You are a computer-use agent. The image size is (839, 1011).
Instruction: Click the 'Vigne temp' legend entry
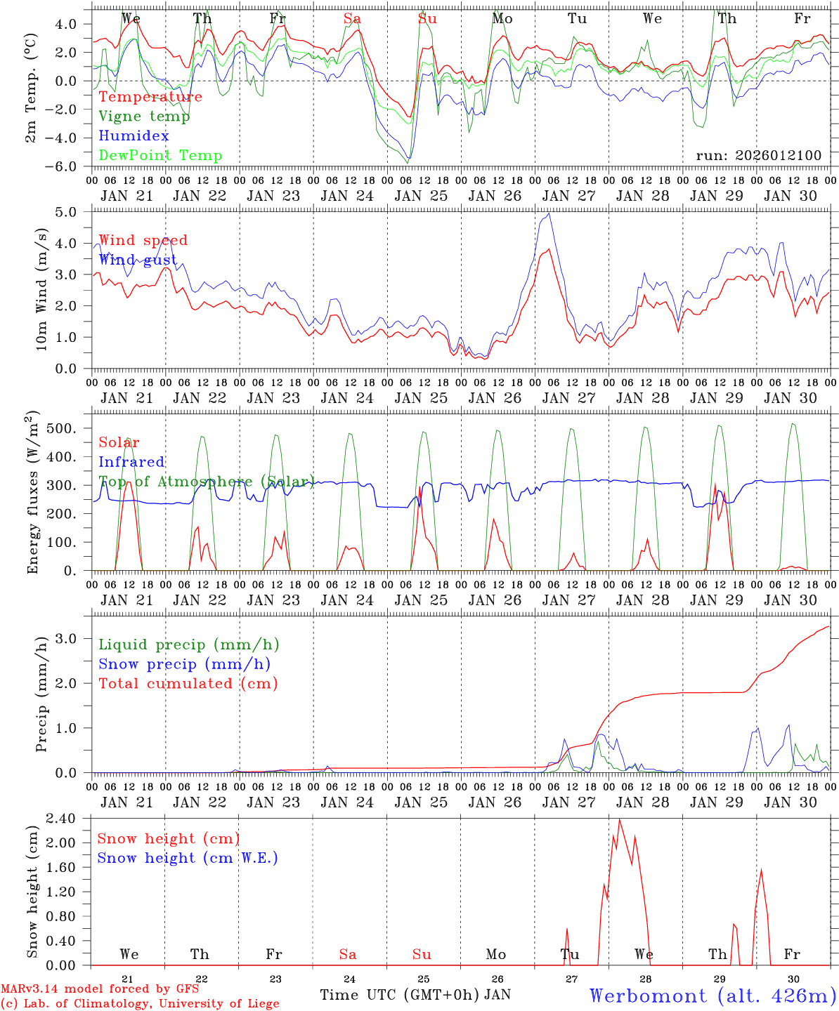point(144,117)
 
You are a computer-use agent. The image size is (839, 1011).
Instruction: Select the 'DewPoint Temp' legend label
point(160,156)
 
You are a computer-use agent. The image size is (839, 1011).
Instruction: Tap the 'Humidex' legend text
point(134,136)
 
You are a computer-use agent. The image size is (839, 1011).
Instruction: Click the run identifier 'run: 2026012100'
point(758,156)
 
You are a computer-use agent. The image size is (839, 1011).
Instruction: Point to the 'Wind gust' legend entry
point(138,260)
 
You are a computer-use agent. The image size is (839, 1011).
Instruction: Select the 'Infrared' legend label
point(131,462)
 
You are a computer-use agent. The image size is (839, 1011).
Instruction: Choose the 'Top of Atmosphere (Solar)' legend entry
point(206,482)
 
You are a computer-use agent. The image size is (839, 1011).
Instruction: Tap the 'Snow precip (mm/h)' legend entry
point(184,664)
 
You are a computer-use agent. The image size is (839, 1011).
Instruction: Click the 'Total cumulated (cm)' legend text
point(188,684)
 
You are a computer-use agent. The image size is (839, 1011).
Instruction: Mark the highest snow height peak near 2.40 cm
point(619,819)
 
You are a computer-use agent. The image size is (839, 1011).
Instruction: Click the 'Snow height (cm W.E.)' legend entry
point(188,858)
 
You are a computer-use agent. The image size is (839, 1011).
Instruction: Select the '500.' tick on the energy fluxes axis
point(70,428)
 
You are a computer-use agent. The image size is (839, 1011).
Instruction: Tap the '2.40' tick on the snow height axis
point(71,819)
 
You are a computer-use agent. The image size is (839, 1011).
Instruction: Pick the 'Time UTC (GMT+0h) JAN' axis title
point(415,995)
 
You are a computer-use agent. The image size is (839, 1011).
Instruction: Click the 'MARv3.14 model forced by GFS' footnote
point(100,989)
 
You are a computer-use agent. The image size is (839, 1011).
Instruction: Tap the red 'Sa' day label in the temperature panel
point(352,19)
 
